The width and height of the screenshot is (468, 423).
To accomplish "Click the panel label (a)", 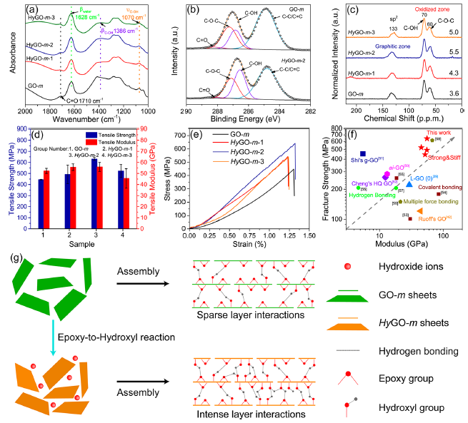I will coord(33,11).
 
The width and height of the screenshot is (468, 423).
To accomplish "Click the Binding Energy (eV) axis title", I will coord(248,121).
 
